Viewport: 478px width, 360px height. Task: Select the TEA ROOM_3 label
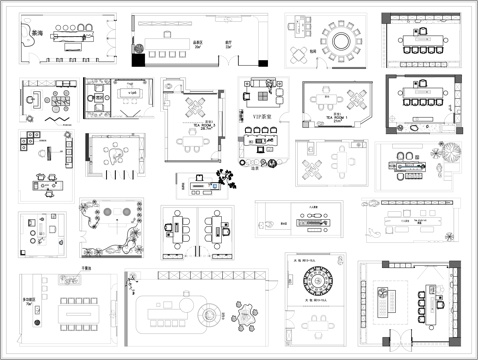point(199,128)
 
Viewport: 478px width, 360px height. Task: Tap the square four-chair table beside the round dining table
point(300,54)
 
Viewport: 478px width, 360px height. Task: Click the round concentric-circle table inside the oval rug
point(207,314)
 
